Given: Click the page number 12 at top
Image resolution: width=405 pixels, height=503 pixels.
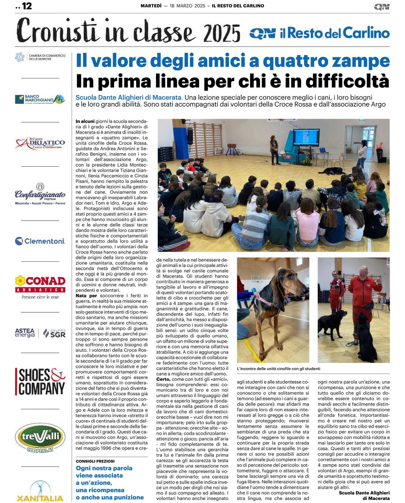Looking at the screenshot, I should (x=27, y=6).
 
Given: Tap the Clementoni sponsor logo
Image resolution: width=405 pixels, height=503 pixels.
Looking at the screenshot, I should (x=40, y=241).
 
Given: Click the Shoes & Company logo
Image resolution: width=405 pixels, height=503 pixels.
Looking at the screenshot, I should (x=40, y=381).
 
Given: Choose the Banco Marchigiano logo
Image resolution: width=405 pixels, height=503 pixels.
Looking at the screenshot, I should (x=40, y=99).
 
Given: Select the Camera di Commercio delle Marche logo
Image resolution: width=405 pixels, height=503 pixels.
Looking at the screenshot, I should (x=40, y=57).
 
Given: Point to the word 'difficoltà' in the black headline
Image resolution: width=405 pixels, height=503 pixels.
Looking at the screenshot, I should (x=347, y=81).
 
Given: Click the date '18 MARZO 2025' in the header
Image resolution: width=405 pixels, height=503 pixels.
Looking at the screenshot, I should (x=187, y=6).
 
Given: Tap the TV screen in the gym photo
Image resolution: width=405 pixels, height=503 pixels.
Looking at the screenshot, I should (x=306, y=138).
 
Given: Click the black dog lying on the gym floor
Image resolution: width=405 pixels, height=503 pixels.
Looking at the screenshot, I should (x=331, y=171).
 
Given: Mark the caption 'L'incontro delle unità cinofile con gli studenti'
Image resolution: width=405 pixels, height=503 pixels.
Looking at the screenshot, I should (x=278, y=369).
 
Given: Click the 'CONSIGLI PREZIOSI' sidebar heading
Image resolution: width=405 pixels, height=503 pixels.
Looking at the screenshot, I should (x=95, y=461).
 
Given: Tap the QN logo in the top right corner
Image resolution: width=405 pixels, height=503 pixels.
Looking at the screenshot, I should (x=381, y=7).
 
